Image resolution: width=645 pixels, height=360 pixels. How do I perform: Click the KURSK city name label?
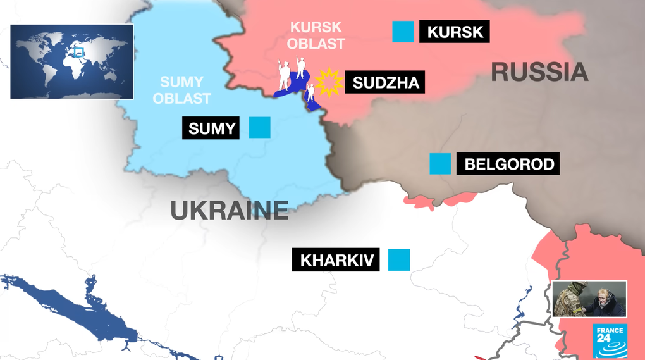click(x=454, y=32)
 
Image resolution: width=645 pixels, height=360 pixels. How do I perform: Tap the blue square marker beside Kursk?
click(x=403, y=32)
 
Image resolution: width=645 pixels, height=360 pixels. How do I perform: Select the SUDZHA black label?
click(x=385, y=82)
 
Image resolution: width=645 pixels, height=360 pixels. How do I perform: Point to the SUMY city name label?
click(x=212, y=128)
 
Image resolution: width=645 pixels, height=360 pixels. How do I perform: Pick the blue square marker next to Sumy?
click(x=259, y=128)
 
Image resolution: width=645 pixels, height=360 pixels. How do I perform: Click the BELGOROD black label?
click(x=509, y=164)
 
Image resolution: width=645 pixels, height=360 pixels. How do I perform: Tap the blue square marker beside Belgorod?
click(x=440, y=164)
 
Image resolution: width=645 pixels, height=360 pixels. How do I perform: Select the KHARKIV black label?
click(x=335, y=260)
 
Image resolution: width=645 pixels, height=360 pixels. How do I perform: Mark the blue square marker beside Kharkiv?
click(x=399, y=259)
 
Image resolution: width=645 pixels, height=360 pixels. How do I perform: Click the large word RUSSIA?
click(x=539, y=73)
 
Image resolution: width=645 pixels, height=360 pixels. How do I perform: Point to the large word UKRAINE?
click(x=229, y=211)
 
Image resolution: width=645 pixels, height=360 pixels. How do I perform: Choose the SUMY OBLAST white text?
click(x=181, y=90)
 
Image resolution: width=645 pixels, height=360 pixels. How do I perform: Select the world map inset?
click(x=71, y=61)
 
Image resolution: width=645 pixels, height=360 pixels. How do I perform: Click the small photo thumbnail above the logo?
click(x=589, y=299)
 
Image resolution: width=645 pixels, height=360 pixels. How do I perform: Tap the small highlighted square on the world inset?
click(x=78, y=52)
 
